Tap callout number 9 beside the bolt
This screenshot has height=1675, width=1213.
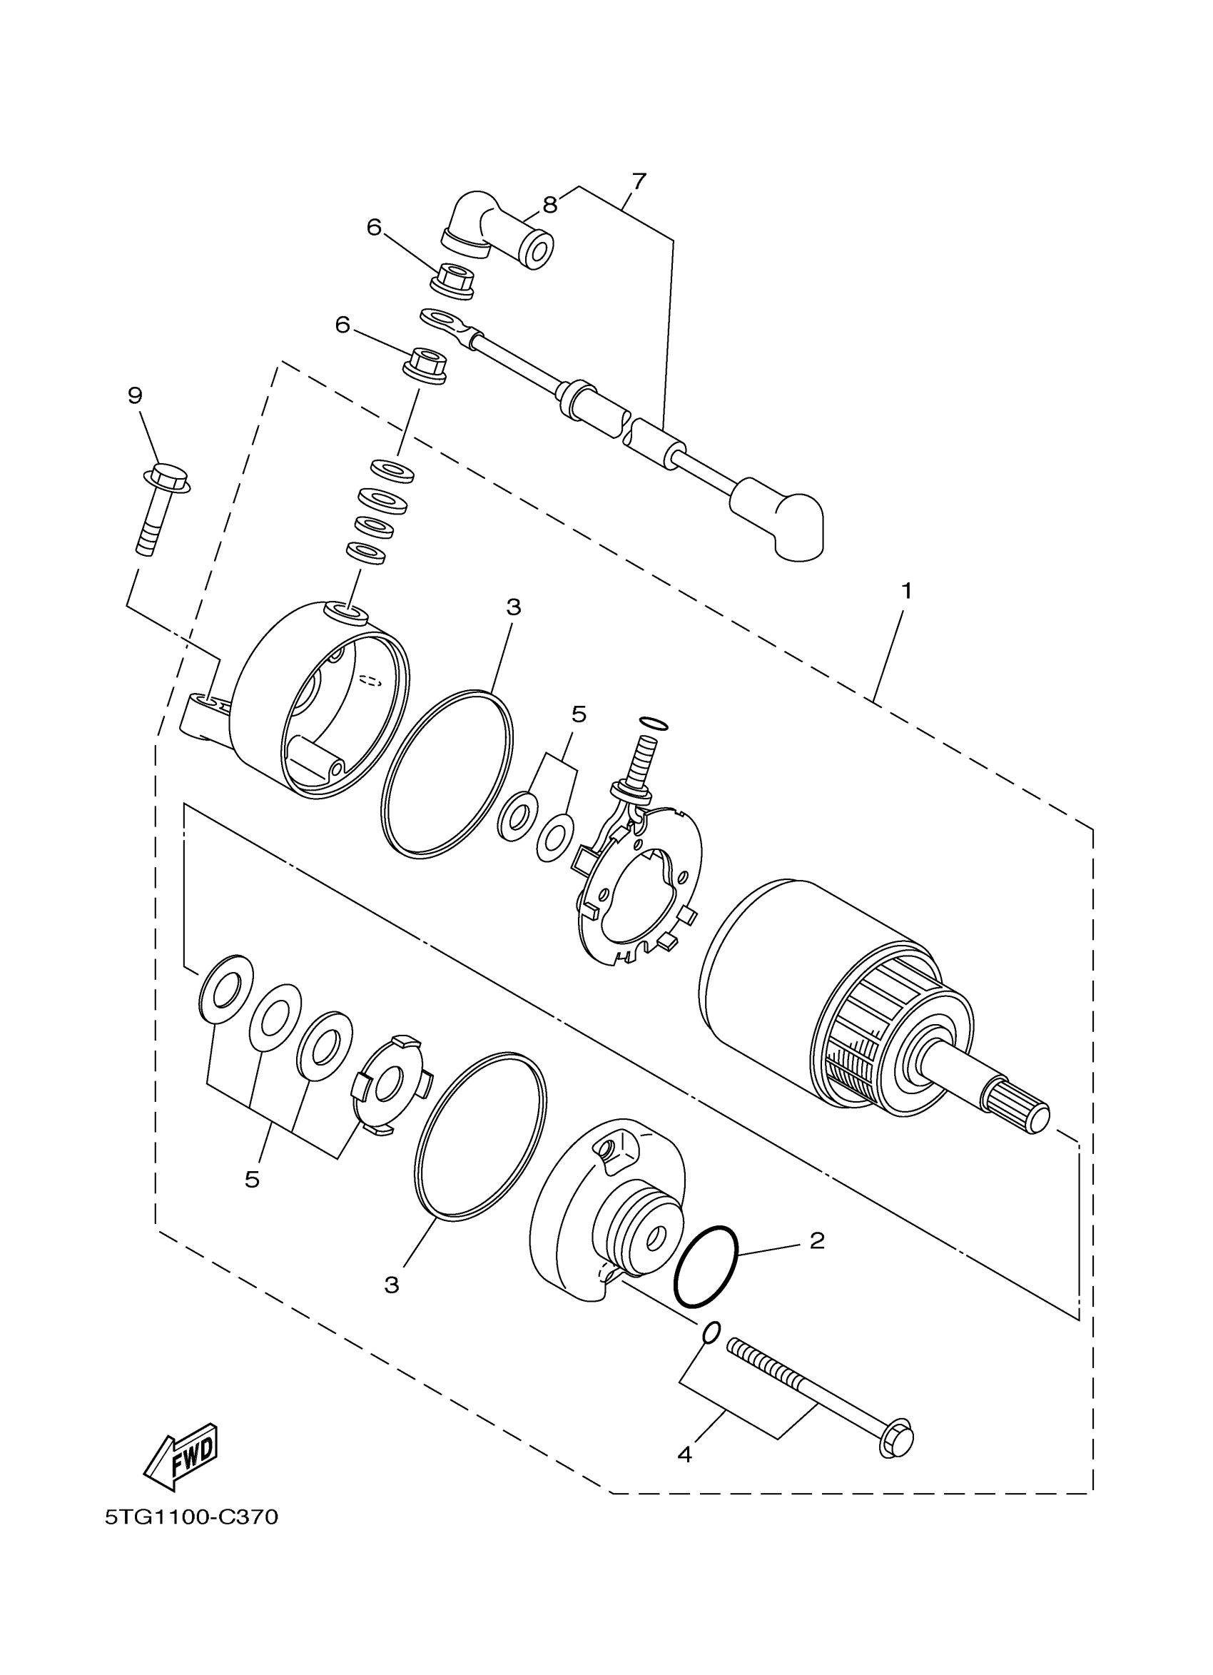134,396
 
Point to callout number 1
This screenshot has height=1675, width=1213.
906,591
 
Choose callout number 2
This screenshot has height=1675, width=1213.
816,1240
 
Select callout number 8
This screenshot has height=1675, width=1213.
550,205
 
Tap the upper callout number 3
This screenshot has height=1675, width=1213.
514,607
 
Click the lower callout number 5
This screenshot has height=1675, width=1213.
252,1180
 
